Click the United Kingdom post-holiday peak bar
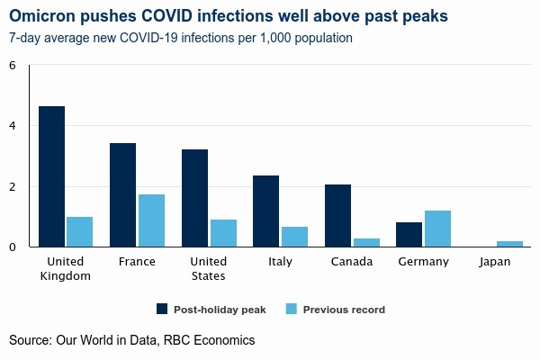(51, 176)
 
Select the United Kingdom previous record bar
(80, 231)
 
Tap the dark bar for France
(122, 194)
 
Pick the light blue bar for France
(151, 220)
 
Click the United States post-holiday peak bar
(194, 198)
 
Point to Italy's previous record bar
(294, 237)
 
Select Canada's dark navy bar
(337, 215)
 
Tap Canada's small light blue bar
(366, 242)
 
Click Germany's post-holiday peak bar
(409, 234)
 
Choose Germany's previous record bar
(437, 229)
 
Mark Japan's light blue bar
(509, 244)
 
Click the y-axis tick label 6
(13, 66)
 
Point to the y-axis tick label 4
(13, 126)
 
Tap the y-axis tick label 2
(13, 186)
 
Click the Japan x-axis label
(495, 262)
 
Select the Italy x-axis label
(280, 262)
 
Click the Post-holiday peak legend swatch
(162, 309)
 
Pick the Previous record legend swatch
(291, 309)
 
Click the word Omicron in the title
(44, 17)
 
